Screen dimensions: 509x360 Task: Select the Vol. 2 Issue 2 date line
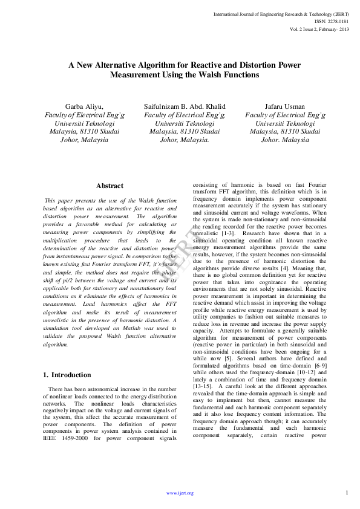coord(319,28)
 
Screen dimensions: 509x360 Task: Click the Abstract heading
coord(110,186)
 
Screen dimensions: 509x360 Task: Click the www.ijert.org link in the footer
coord(180,493)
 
